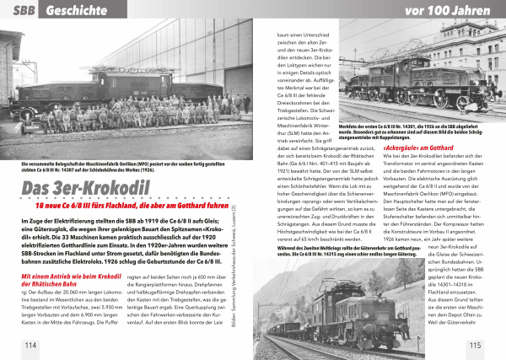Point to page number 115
coord(475,345)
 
